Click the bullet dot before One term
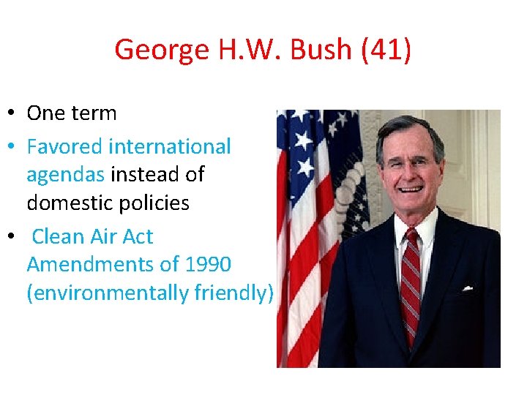[13, 113]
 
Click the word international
[169, 146]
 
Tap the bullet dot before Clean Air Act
[13, 237]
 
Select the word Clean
[56, 237]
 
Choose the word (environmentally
[108, 293]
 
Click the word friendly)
[233, 293]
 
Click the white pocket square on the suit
[467, 288]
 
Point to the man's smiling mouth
[410, 189]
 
